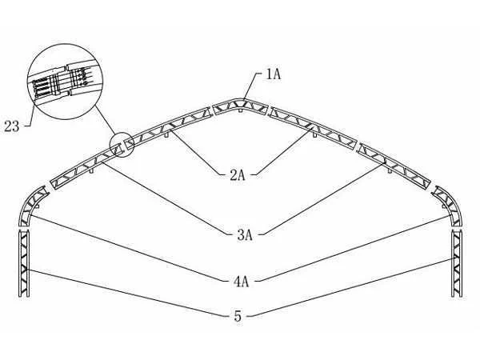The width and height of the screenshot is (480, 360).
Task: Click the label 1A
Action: tap(274, 74)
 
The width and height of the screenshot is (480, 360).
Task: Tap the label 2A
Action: tap(238, 175)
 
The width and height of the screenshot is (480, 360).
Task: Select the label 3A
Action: tap(245, 235)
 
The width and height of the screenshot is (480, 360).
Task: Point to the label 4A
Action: tap(242, 282)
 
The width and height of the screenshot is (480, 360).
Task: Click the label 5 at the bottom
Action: tap(238, 316)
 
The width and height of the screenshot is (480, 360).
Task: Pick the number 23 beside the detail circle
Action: tap(12, 126)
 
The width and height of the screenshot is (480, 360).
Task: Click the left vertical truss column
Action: tap(24, 263)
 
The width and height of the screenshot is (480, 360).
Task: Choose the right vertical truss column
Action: tap(457, 263)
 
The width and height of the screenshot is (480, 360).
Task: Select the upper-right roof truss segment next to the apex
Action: tap(313, 127)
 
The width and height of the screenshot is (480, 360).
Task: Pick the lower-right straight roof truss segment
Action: tap(395, 166)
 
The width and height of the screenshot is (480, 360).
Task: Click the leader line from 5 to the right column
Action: tap(350, 287)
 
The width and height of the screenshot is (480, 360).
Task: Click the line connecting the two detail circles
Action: tap(105, 119)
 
